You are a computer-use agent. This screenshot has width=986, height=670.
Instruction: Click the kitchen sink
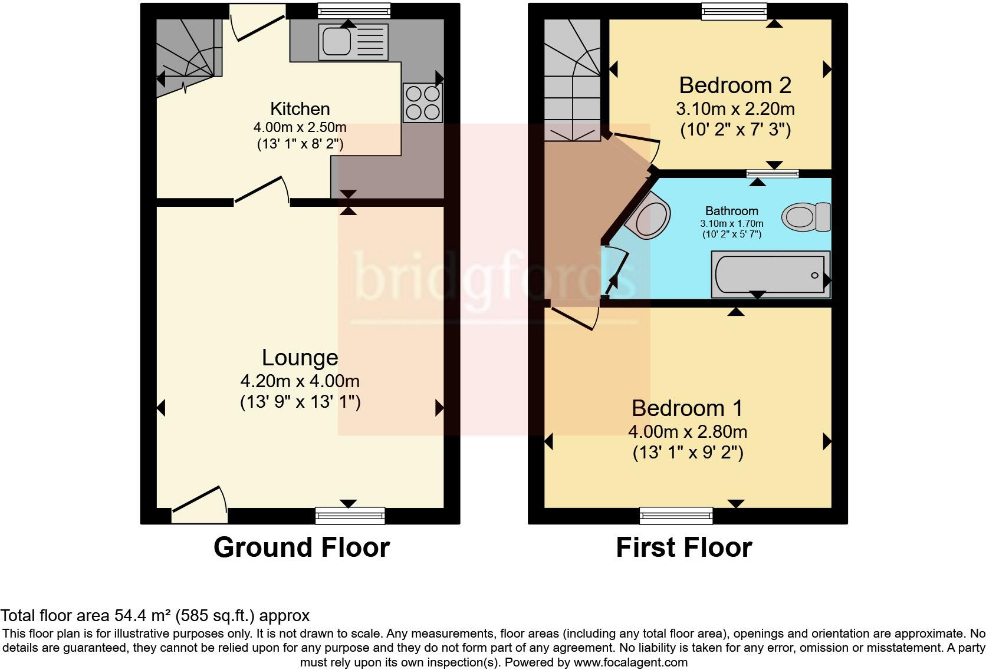353,42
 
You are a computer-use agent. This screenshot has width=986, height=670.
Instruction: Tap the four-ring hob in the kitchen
423,103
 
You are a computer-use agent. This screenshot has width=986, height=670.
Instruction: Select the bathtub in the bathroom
771,274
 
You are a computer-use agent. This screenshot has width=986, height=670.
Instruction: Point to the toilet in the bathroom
806,217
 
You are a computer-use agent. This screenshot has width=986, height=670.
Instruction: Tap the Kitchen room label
300,108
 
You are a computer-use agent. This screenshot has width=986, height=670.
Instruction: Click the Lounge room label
300,357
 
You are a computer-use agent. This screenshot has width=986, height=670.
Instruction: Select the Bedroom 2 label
735,85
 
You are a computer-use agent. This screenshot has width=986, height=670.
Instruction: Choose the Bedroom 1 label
688,408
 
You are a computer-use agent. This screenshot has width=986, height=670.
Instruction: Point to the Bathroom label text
732,211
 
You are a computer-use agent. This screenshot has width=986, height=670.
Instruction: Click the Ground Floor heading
301,547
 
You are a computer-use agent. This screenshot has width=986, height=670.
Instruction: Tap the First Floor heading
684,547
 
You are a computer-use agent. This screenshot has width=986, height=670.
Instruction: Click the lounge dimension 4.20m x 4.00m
300,381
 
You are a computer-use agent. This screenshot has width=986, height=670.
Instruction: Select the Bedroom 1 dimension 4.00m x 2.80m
688,431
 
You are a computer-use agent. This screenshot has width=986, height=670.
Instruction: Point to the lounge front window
350,516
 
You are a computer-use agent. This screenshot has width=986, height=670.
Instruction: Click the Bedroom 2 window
734,11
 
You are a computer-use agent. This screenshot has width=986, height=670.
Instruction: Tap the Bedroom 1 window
676,516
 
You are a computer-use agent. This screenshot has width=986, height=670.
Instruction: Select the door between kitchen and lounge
262,190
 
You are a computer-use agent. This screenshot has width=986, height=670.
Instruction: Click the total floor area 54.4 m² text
155,615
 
